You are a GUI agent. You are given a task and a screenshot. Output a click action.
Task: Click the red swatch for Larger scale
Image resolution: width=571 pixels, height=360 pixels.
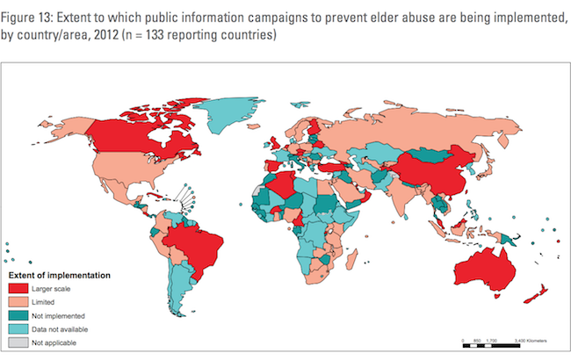(x=18, y=288)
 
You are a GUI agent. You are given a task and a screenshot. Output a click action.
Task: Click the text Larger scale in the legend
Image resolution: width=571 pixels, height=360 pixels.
(x=53, y=288)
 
